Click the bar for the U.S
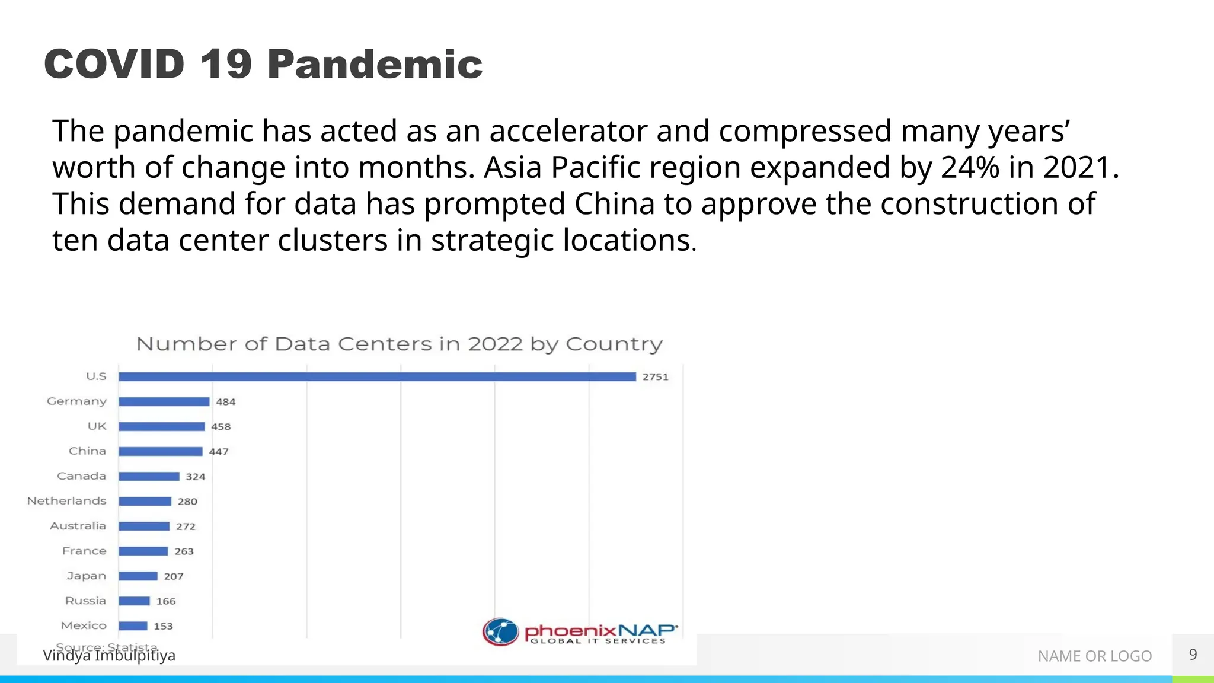377,376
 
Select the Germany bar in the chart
164,401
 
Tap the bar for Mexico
133,625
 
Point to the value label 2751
655,377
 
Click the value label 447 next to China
219,452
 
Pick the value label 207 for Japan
174,576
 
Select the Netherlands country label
67,501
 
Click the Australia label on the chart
78,526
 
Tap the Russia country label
85,601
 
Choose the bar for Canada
149,476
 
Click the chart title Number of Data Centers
399,344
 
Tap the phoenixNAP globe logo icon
500,631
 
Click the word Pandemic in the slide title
375,64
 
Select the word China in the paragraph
614,204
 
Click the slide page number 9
1193,655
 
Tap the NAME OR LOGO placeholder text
1094,656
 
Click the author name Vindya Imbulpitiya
109,656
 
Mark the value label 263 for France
184,551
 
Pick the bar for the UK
162,426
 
